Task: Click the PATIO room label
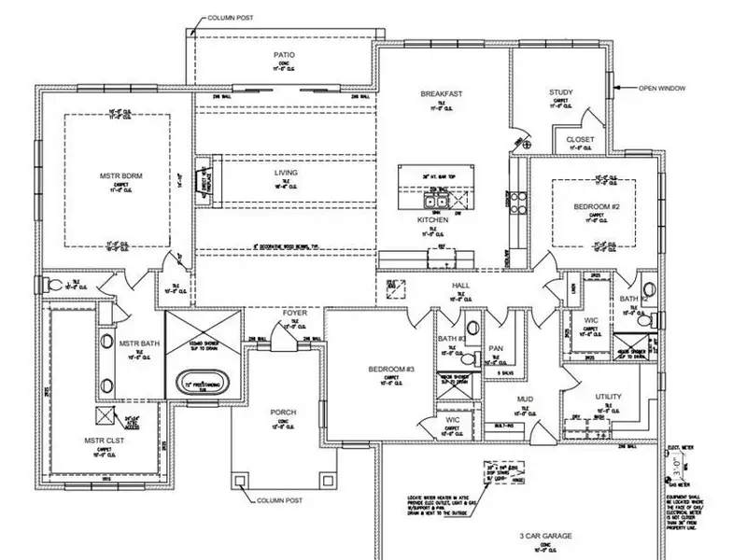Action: click(x=284, y=54)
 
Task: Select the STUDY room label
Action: click(x=561, y=92)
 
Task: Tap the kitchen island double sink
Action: click(x=436, y=199)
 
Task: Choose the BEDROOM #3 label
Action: click(x=391, y=370)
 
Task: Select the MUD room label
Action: click(x=525, y=399)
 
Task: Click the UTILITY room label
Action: click(x=607, y=397)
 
